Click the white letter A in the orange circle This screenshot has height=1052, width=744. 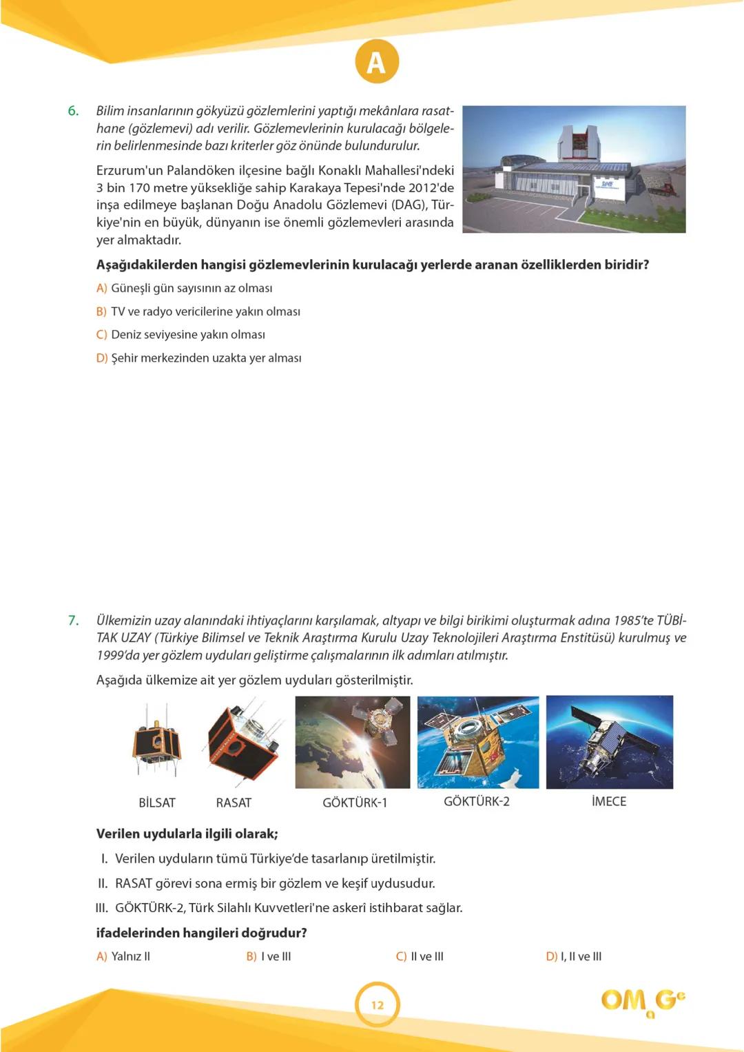point(376,63)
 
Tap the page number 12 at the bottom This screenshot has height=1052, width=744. point(378,1004)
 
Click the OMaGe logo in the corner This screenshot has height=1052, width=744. point(642,1001)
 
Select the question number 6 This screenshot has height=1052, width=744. point(73,111)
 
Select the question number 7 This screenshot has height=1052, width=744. point(73,620)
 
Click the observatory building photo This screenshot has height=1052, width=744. point(574,169)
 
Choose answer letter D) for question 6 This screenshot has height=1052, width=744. point(101,358)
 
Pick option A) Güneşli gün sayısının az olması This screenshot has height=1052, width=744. point(191,288)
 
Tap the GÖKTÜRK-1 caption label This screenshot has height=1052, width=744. point(355,803)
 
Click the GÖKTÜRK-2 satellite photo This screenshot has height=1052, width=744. point(478,742)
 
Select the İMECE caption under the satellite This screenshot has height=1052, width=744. point(609,802)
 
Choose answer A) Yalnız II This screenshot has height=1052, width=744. point(123,956)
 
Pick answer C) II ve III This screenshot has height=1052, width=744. point(420,956)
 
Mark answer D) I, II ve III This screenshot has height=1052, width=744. point(573,956)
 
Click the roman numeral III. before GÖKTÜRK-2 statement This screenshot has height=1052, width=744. point(101,908)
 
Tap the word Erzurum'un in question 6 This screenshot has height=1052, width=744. point(130,170)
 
